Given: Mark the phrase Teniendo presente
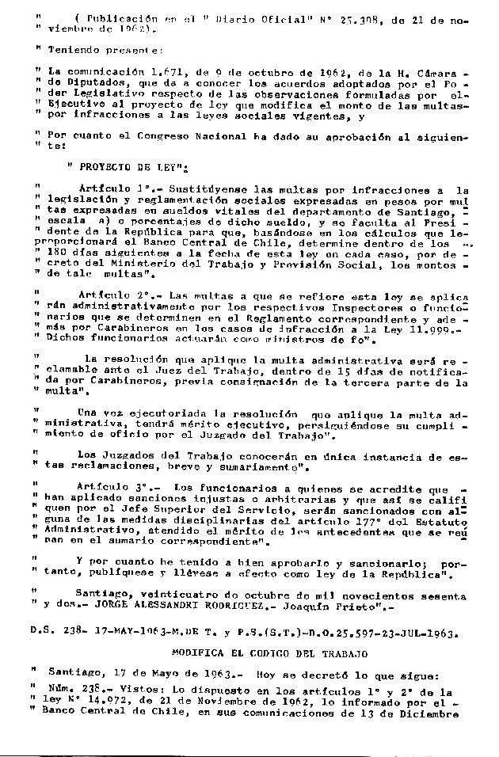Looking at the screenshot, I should pyautogui.click(x=99, y=49).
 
